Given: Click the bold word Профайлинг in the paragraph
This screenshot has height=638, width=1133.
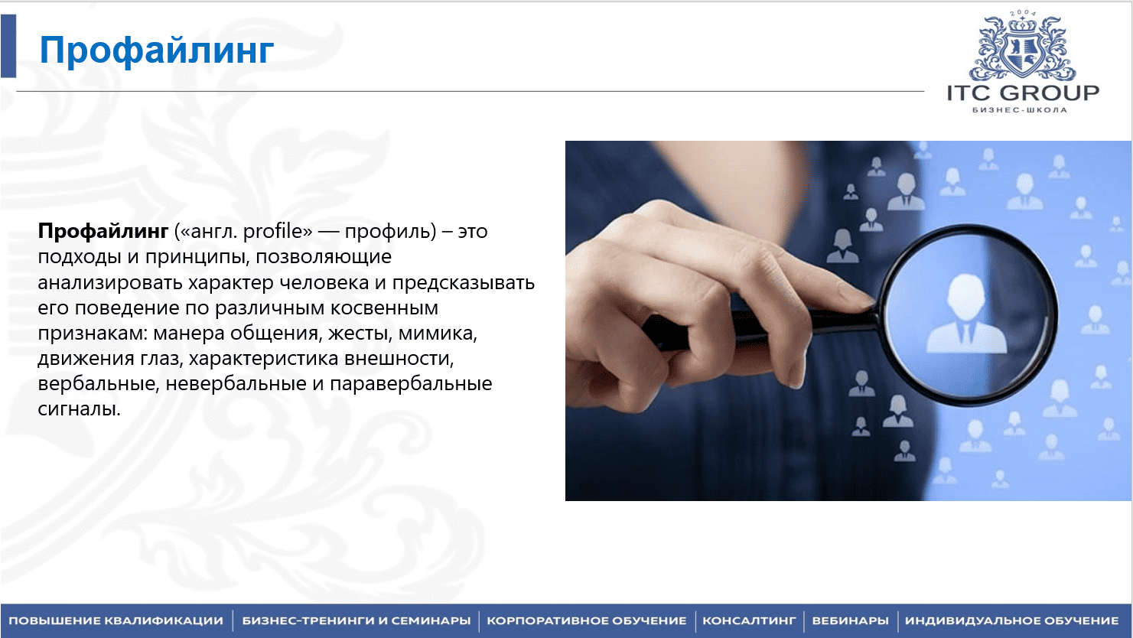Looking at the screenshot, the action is pyautogui.click(x=103, y=231).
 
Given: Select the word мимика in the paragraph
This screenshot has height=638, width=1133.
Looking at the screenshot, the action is pyautogui.click(x=438, y=333).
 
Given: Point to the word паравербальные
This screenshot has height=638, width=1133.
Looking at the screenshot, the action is pyautogui.click(x=411, y=383).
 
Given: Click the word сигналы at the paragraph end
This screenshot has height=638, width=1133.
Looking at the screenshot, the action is pyautogui.click(x=79, y=409).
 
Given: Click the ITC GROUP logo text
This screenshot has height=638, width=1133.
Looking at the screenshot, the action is pyautogui.click(x=1023, y=93).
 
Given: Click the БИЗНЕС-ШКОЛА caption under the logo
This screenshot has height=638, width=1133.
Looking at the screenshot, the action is pyautogui.click(x=1020, y=110).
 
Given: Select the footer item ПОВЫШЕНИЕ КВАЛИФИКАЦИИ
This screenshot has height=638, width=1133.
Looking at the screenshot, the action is pyautogui.click(x=116, y=621).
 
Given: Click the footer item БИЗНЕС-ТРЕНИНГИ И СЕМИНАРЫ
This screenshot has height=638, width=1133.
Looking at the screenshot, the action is pyautogui.click(x=356, y=621).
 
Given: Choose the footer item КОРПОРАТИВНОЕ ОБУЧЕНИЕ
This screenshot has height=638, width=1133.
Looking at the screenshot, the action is pyautogui.click(x=587, y=621).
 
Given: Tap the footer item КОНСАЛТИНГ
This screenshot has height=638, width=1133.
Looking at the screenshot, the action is pyautogui.click(x=749, y=621).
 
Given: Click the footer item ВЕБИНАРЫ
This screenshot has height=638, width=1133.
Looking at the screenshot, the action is pyautogui.click(x=850, y=621).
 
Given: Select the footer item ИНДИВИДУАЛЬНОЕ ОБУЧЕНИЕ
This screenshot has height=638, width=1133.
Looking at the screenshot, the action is pyautogui.click(x=1011, y=621).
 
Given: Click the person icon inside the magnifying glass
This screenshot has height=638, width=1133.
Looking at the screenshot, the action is pyautogui.click(x=966, y=314).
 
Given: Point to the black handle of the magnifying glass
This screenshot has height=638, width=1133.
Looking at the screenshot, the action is pyautogui.click(x=759, y=329).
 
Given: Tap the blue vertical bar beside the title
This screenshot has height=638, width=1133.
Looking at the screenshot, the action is pyautogui.click(x=8, y=46).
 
